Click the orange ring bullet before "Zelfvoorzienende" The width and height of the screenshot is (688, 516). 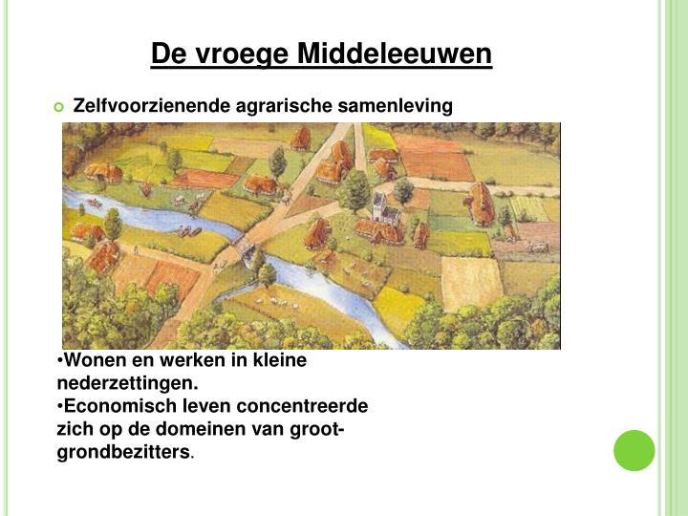[59, 106]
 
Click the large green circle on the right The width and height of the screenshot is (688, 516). [634, 450]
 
